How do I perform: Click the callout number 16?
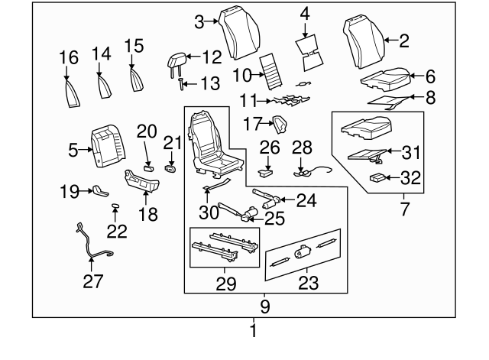click(68, 57)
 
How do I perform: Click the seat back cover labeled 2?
click(364, 44)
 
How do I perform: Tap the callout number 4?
click(306, 13)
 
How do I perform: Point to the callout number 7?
click(404, 208)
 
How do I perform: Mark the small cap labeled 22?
click(115, 206)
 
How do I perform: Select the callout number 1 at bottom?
click(254, 332)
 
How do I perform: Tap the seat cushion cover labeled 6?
click(381, 76)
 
